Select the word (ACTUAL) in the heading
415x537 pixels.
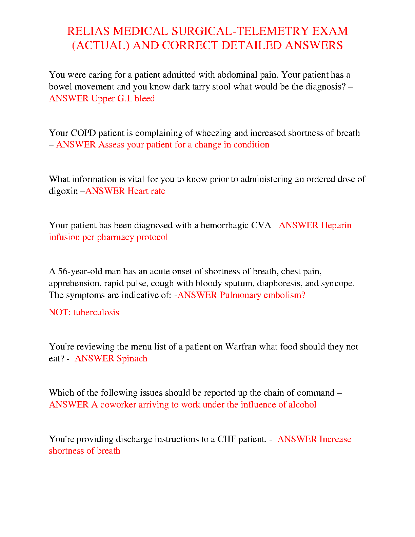[101, 45]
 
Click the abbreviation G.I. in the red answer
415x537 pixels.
[124, 98]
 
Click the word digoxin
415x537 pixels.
[63, 191]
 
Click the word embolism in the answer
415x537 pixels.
[284, 295]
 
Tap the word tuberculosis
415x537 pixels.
[96, 312]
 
